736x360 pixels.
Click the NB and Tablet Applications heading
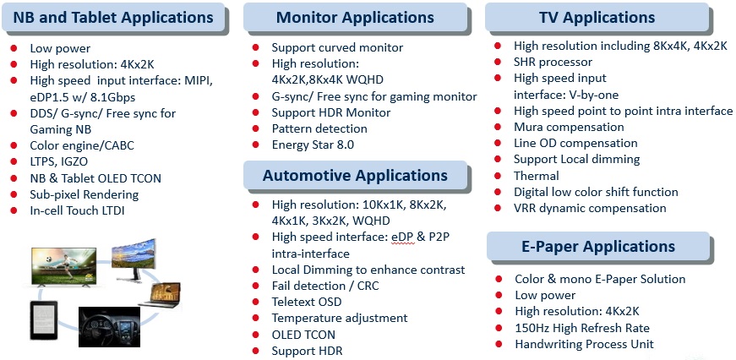[x=113, y=18]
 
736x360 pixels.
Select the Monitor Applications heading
[x=355, y=18]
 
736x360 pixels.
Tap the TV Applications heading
[x=597, y=18]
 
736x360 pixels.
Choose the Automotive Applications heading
[x=355, y=176]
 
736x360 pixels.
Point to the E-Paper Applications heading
[x=598, y=247]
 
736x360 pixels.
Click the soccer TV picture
[x=64, y=266]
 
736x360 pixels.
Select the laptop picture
[x=161, y=295]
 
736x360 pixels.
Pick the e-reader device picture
[x=43, y=320]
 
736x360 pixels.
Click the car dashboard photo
[x=109, y=327]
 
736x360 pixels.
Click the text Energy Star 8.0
[x=313, y=145]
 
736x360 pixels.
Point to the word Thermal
[x=536, y=176]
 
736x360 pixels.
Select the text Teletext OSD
[x=307, y=302]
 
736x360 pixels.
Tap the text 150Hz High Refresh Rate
[x=582, y=328]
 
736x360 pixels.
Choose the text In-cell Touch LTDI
[x=77, y=210]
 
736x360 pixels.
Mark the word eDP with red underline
[x=403, y=237]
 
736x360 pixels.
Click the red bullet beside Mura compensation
[x=498, y=127]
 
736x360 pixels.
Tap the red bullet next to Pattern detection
[x=256, y=128]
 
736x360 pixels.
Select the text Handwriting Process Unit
[x=585, y=344]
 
